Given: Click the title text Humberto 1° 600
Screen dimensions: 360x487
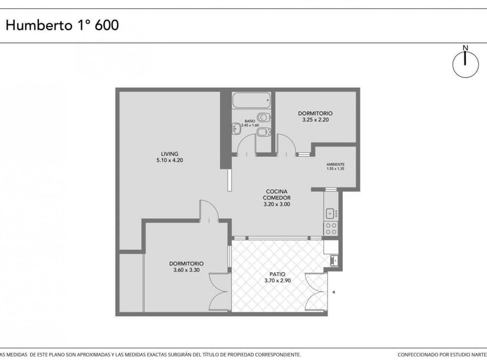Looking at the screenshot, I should click(x=62, y=25).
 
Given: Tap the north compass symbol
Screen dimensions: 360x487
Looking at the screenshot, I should click(x=465, y=62).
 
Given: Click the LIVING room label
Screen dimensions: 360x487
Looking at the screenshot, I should click(x=169, y=154).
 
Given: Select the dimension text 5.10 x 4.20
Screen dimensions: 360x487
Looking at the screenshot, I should click(x=169, y=160).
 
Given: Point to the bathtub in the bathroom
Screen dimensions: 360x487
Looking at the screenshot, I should click(x=251, y=101).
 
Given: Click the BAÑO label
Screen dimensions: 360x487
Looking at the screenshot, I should click(x=249, y=121).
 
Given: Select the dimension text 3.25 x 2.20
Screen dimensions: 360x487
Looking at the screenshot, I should click(x=315, y=120).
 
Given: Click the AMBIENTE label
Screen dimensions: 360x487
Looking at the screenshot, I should click(x=335, y=164).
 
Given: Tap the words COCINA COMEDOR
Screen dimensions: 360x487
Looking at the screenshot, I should click(x=276, y=195).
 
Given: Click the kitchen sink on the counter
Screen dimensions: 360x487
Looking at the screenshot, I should click(x=331, y=213).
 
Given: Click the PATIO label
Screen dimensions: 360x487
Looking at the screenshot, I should click(x=278, y=275).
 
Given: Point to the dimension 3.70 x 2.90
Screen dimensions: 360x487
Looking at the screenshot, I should click(x=278, y=281).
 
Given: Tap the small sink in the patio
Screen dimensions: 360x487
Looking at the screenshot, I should click(x=334, y=259).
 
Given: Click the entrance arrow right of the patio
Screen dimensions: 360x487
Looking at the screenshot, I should click(x=333, y=292).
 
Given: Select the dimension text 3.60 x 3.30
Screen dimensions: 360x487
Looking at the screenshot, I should click(x=186, y=270).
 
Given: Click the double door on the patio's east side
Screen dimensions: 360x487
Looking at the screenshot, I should click(x=316, y=291).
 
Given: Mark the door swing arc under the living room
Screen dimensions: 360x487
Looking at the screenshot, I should click(x=209, y=211).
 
